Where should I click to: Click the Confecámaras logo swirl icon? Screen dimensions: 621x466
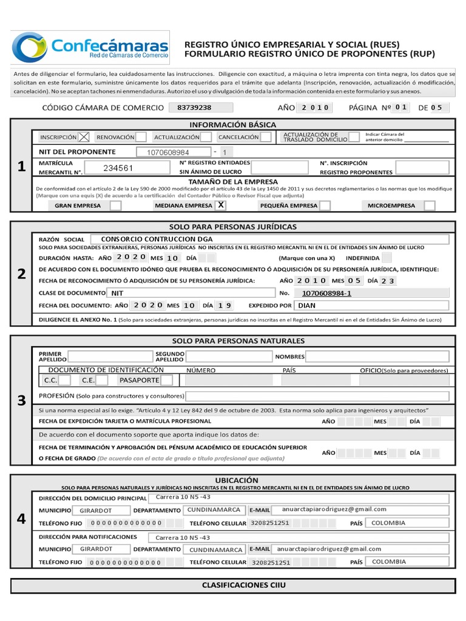pyautogui.click(x=29, y=47)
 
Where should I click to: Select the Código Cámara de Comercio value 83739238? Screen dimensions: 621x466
pyautogui.click(x=194, y=107)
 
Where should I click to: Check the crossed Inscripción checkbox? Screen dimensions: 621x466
pyautogui.click(x=84, y=137)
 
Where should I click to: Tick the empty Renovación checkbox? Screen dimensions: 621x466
pyautogui.click(x=140, y=137)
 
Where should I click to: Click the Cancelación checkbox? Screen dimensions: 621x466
pyautogui.click(x=266, y=137)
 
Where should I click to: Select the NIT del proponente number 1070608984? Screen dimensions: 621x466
pyautogui.click(x=168, y=152)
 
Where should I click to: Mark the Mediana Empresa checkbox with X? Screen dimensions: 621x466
pyautogui.click(x=221, y=206)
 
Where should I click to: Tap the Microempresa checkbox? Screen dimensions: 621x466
pyautogui.click(x=429, y=206)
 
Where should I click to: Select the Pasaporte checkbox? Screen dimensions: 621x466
pyautogui.click(x=166, y=380)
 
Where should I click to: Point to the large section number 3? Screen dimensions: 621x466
pyautogui.click(x=21, y=400)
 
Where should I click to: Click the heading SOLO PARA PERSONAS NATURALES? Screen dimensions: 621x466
pyautogui.click(x=238, y=341)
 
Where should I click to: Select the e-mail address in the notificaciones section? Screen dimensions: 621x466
pyautogui.click(x=328, y=549)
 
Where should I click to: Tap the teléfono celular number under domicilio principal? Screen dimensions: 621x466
pyautogui.click(x=270, y=523)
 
